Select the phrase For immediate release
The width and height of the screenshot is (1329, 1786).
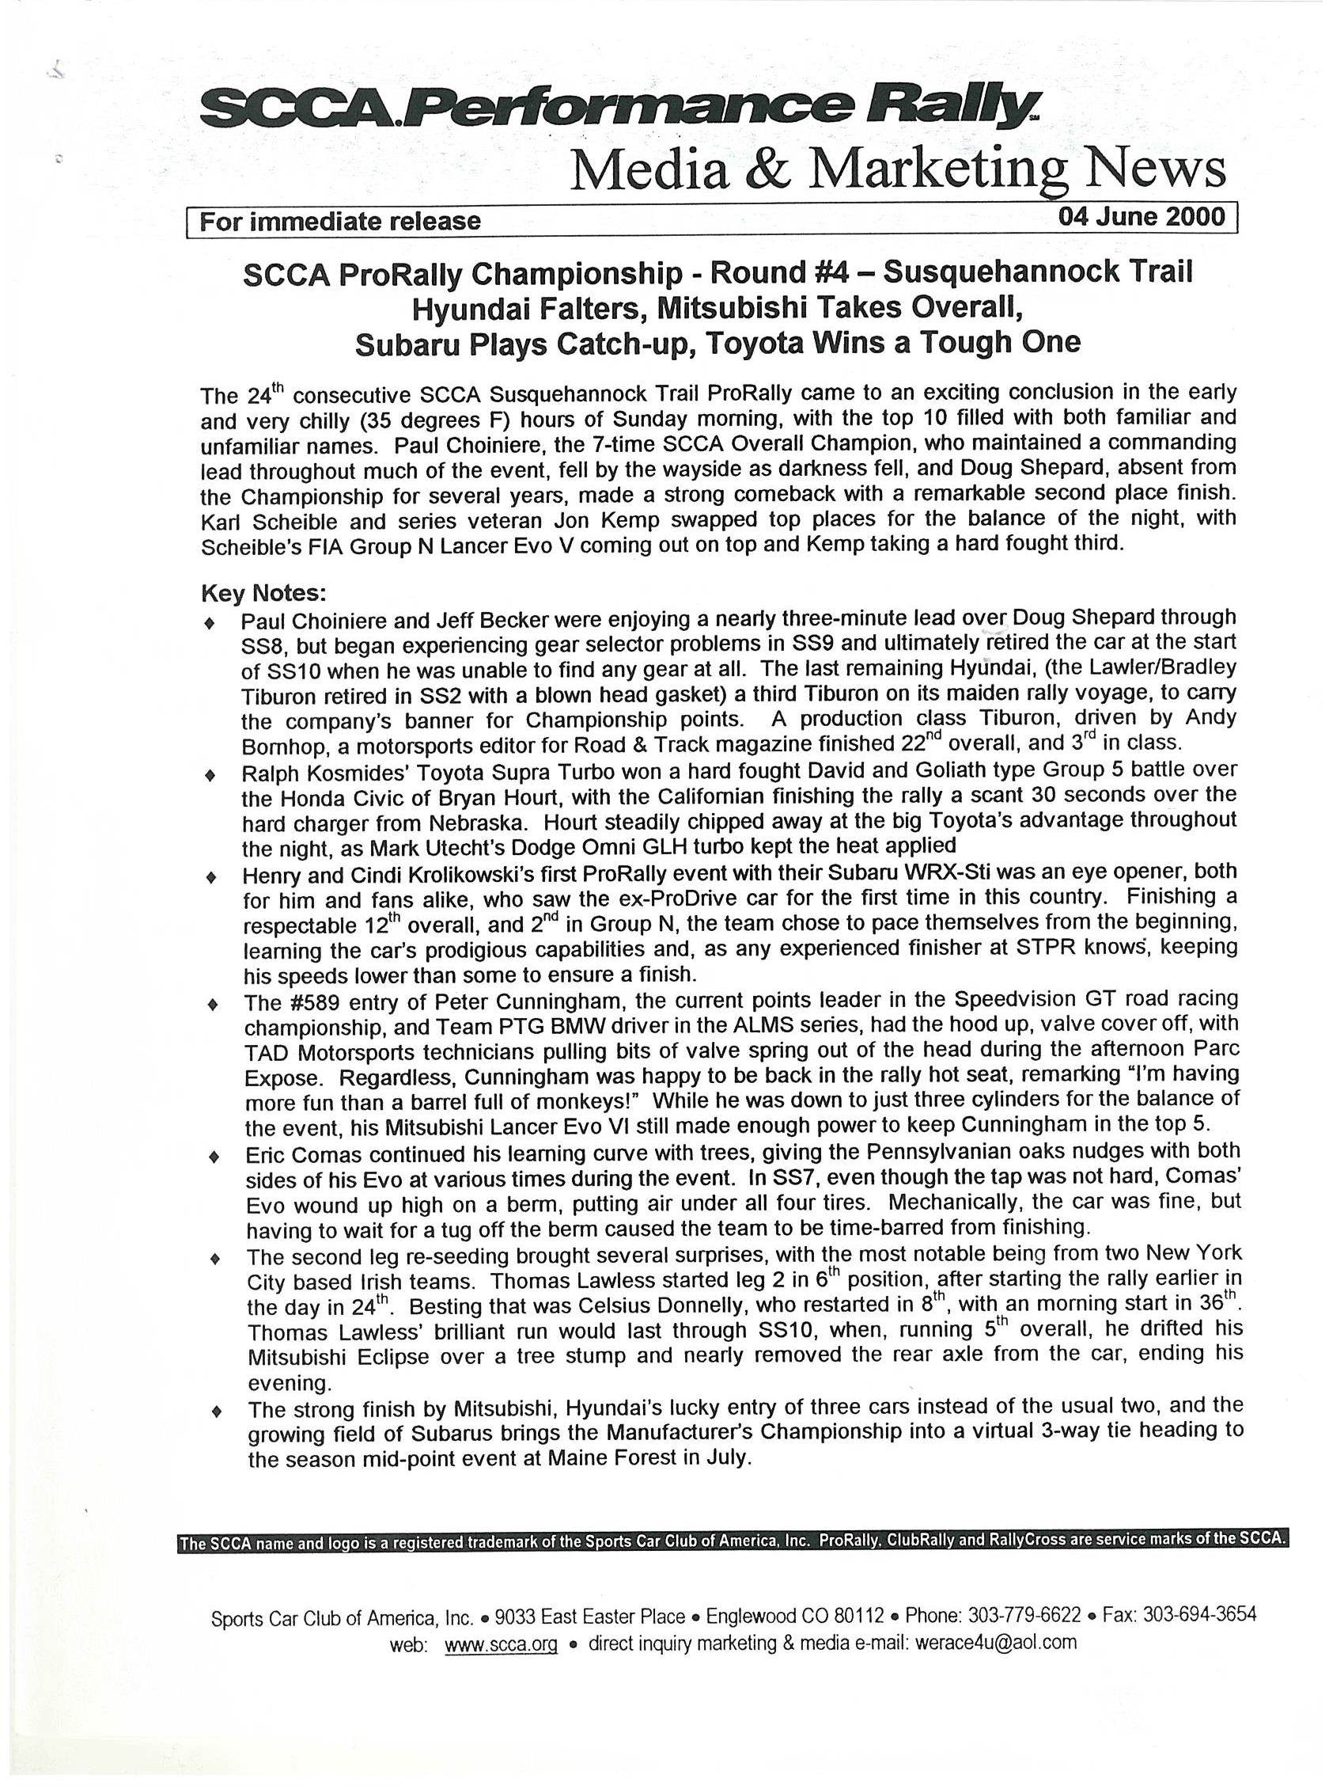click(x=339, y=221)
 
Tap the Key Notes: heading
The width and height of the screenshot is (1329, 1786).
click(x=263, y=593)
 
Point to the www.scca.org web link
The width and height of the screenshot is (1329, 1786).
click(x=501, y=1643)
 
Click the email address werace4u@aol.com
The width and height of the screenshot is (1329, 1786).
click(x=994, y=1642)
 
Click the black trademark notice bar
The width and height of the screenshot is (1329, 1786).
click(x=732, y=1541)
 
